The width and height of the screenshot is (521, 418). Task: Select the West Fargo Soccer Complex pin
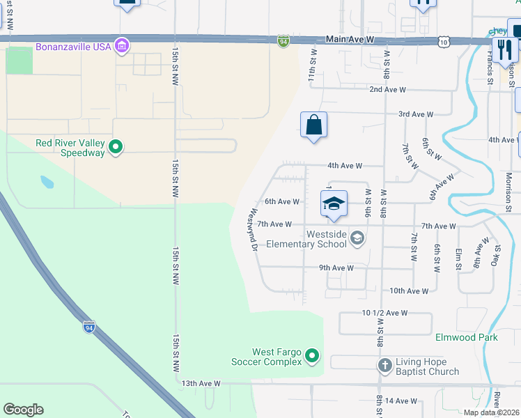point(312,356)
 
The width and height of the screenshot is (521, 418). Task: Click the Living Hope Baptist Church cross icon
point(384,365)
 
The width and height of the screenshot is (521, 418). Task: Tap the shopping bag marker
point(313,125)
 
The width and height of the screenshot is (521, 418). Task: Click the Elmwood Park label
point(466,337)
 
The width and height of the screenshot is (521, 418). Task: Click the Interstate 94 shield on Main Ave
point(283,42)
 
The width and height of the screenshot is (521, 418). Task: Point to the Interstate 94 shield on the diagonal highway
point(88,326)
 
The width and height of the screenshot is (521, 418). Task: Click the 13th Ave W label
point(201,383)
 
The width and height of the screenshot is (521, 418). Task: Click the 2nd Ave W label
point(387,89)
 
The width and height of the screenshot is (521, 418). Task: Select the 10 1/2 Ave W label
point(384,313)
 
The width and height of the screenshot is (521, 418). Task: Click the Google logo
point(23,410)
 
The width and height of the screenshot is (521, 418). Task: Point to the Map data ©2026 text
point(491,412)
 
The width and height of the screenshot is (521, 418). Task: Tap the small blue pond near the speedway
point(47,183)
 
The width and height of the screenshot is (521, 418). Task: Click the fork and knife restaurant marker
point(504,49)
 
